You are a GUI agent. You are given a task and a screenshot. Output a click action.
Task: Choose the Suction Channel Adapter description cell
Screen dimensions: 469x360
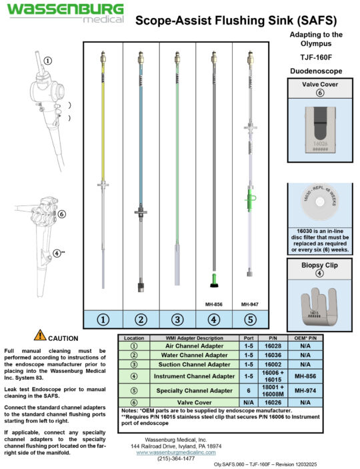click(x=199, y=364)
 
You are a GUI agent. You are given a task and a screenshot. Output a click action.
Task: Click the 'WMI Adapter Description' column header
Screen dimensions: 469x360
click(x=199, y=338)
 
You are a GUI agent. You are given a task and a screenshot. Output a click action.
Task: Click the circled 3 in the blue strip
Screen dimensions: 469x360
click(x=177, y=320)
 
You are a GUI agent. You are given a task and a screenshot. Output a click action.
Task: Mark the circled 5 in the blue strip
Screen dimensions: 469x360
click(x=250, y=320)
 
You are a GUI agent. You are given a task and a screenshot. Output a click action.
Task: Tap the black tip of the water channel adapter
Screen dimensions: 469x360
click(x=141, y=288)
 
